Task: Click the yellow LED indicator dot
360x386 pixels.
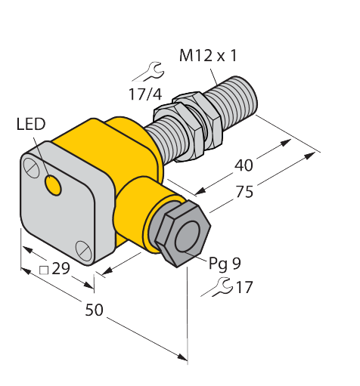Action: click(53, 185)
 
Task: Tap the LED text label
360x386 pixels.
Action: click(31, 124)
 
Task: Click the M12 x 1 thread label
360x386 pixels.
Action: click(208, 55)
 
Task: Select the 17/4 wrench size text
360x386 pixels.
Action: click(145, 94)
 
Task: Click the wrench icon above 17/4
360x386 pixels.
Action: click(149, 72)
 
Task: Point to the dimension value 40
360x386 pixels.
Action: click(244, 165)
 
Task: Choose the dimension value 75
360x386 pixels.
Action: click(244, 192)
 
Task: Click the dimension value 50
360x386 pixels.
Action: click(94, 310)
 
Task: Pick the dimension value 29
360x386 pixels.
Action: click(61, 268)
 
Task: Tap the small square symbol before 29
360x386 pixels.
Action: click(44, 270)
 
